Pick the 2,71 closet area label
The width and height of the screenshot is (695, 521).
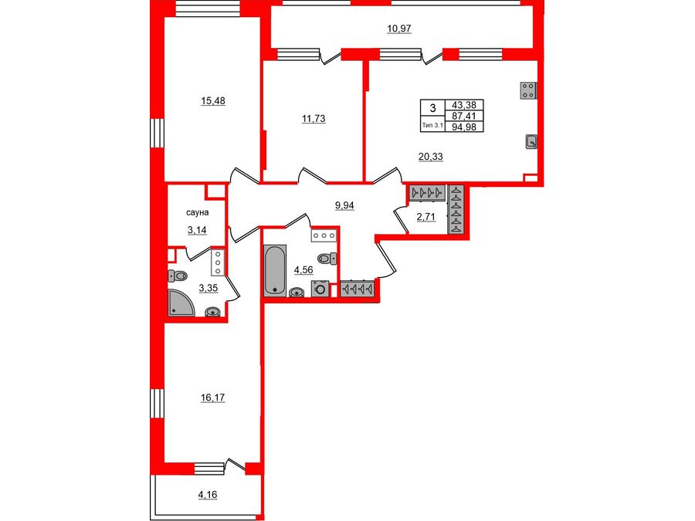[426, 217]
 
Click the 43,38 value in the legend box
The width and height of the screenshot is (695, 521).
[466, 105]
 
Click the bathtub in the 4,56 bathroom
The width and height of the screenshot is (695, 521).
[274, 270]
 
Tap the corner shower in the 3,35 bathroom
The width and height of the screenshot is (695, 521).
[182, 302]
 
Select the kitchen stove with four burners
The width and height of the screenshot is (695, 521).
[528, 90]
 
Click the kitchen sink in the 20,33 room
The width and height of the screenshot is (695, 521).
[531, 141]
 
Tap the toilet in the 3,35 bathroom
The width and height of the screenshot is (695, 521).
[178, 276]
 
